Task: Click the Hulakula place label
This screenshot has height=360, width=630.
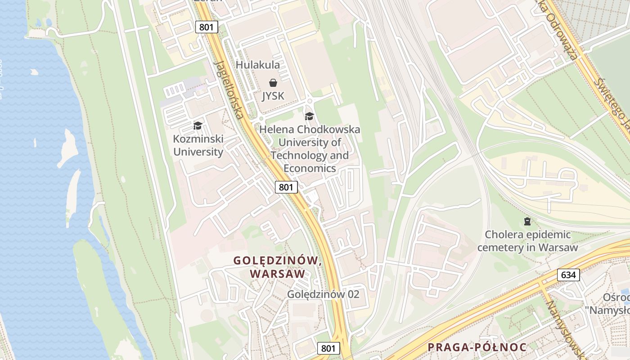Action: [258, 65]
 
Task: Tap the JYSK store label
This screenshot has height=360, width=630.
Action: [273, 96]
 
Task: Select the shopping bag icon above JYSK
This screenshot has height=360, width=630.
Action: [273, 83]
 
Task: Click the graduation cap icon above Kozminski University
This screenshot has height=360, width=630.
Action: [198, 126]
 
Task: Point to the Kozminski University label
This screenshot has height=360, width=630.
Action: [198, 145]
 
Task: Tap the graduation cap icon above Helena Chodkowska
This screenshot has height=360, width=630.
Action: [309, 117]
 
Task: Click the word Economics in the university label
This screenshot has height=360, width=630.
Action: [310, 168]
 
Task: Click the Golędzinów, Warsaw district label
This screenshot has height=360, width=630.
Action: [277, 267]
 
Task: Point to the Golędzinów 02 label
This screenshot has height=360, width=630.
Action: [324, 294]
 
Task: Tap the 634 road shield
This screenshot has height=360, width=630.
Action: [568, 274]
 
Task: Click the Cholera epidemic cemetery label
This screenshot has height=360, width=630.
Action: [528, 241]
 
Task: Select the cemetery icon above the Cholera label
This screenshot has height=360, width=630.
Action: [527, 221]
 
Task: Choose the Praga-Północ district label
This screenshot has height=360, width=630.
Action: [477, 347]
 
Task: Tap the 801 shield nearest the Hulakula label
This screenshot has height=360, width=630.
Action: [207, 27]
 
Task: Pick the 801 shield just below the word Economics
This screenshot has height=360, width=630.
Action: [286, 187]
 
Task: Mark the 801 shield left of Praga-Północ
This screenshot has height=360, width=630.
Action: [328, 348]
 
